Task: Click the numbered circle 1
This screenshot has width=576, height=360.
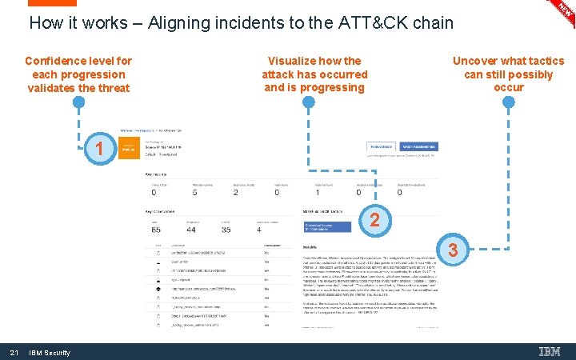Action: point(98,150)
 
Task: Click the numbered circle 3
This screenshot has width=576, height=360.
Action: point(453,250)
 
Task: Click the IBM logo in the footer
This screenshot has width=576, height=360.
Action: point(550,352)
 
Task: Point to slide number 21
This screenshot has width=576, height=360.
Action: point(14,353)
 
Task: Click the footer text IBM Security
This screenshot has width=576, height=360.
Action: point(50,353)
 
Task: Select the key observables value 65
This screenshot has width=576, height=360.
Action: point(155,229)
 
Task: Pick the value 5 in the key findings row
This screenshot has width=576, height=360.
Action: point(195,192)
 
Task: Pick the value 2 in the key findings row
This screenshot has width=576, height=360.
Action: point(235,192)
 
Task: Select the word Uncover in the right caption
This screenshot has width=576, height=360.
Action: point(478,61)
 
